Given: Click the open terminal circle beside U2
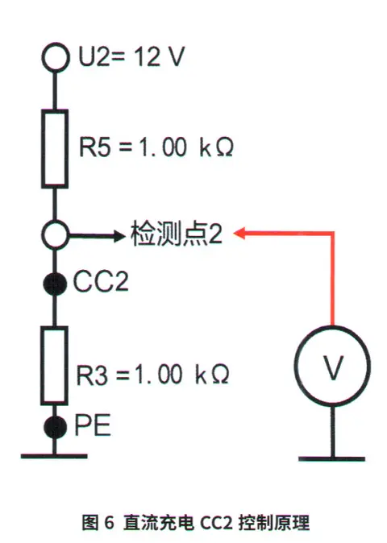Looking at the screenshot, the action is click(x=56, y=44).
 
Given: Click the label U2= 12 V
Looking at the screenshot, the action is click(x=131, y=56).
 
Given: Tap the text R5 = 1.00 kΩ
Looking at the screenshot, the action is click(x=156, y=147).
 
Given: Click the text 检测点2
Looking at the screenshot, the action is click(x=177, y=234).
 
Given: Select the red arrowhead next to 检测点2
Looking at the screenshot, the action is click(x=239, y=234).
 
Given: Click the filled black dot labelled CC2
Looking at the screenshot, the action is click(x=55, y=284).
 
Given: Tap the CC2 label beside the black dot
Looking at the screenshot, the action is click(x=101, y=281).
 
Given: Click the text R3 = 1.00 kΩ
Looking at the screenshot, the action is click(x=152, y=375).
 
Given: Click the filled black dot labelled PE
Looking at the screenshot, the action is click(x=55, y=427).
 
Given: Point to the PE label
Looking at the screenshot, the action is click(x=93, y=425).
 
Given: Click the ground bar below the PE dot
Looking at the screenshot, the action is click(x=54, y=456).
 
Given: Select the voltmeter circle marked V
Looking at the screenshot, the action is click(x=295, y=366).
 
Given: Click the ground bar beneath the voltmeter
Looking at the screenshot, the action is click(x=331, y=459).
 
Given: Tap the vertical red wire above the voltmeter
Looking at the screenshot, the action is click(x=332, y=279).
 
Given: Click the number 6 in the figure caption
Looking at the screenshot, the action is click(x=109, y=522).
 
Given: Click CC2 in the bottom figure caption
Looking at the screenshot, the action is click(x=216, y=523).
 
